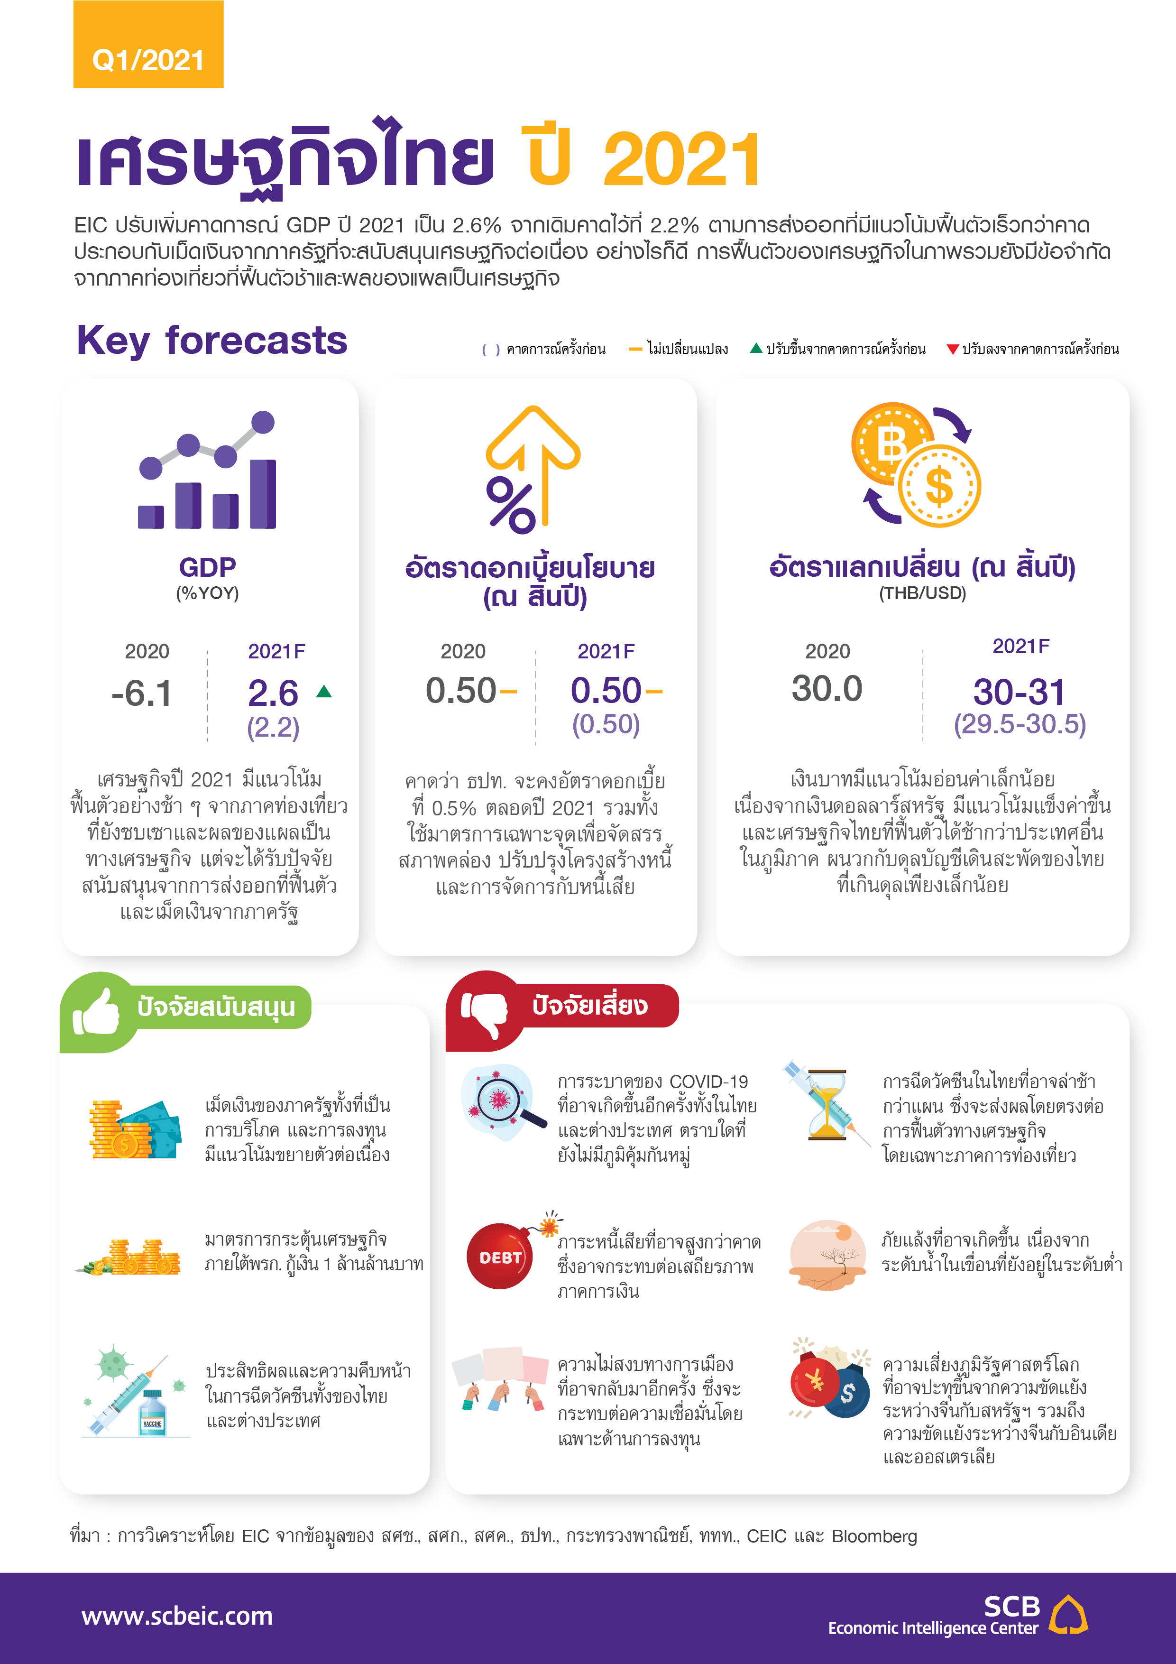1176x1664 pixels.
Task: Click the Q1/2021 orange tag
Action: [148, 45]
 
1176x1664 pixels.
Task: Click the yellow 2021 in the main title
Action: [682, 160]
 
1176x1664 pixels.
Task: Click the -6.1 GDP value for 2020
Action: [141, 693]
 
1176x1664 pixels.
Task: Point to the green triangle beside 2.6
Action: [324, 692]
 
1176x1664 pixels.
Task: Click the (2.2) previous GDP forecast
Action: [273, 727]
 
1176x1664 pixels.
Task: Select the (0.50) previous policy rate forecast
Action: [606, 724]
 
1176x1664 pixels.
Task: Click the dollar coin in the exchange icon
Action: [939, 486]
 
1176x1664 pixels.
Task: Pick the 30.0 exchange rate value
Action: [827, 688]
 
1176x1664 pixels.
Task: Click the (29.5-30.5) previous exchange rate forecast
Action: [1020, 724]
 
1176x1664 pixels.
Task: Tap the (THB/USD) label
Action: [922, 593]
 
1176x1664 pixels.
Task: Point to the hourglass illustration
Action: [827, 1104]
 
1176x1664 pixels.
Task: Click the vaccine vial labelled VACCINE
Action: [153, 1413]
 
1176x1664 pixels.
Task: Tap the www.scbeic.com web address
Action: [177, 1616]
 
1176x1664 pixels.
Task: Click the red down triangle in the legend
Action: [953, 349]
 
